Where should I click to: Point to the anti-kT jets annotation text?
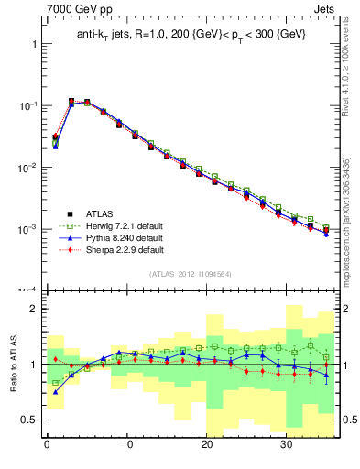pyautogui.click(x=191, y=34)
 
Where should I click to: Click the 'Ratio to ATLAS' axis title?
pyautogui.click(x=12, y=364)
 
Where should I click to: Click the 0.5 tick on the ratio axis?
pyautogui.click(x=30, y=420)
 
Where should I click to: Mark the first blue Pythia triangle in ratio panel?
pyautogui.click(x=55, y=392)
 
